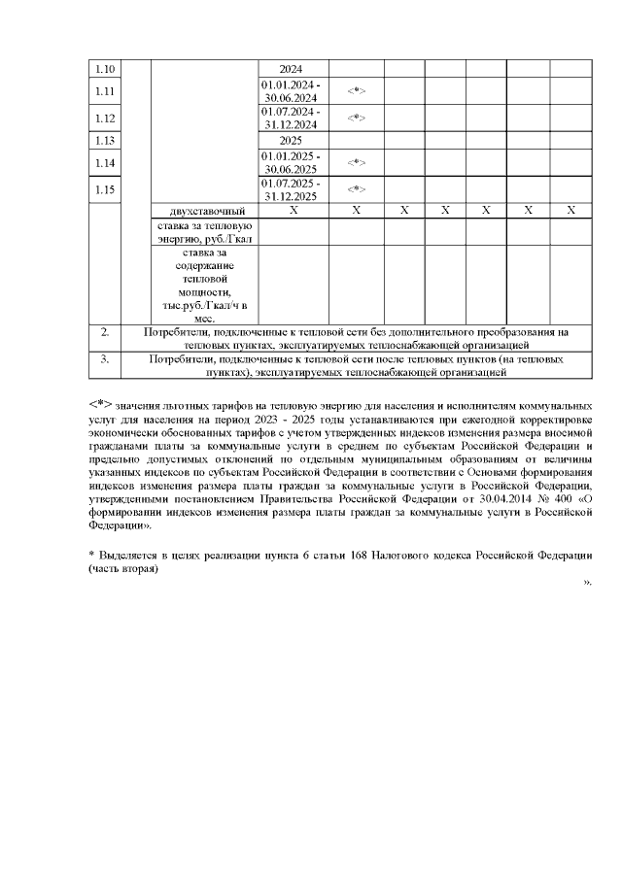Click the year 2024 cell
[x=291, y=70]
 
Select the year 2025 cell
[x=291, y=140]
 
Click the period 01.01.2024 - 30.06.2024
[x=291, y=91]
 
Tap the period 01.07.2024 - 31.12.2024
[x=291, y=118]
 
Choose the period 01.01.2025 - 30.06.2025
[x=291, y=162]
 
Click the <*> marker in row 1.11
[x=356, y=91]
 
